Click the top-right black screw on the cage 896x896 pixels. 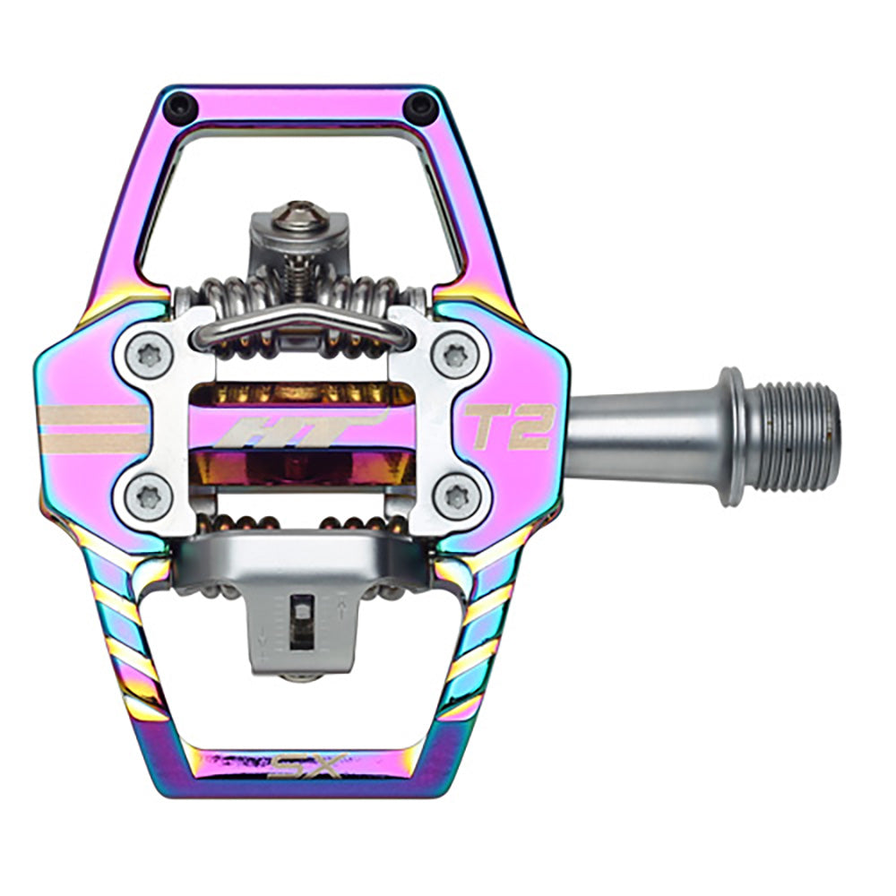click(419, 108)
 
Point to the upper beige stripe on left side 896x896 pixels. click(94, 416)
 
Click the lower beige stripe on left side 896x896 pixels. click(94, 442)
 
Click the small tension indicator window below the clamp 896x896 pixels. click(304, 617)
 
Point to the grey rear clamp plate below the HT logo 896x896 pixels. click(300, 556)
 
